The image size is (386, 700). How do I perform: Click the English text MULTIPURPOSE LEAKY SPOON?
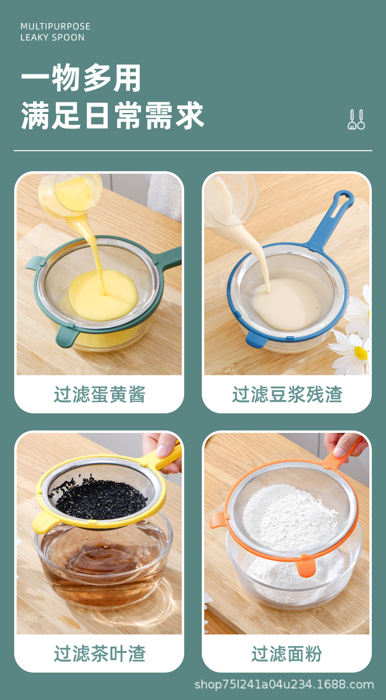(55, 32)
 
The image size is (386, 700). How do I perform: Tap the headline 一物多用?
(81, 78)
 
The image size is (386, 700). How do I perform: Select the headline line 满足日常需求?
(112, 116)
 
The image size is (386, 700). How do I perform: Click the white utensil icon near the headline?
(356, 119)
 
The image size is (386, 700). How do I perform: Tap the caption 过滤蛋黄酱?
(100, 394)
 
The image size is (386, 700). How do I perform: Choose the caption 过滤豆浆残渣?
(287, 394)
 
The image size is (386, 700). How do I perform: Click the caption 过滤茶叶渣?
(100, 654)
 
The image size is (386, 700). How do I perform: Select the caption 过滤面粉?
(287, 654)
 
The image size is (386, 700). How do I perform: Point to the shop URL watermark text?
(284, 684)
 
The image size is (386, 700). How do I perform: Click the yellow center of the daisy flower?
(361, 353)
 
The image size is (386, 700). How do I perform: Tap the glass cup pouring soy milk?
(230, 198)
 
